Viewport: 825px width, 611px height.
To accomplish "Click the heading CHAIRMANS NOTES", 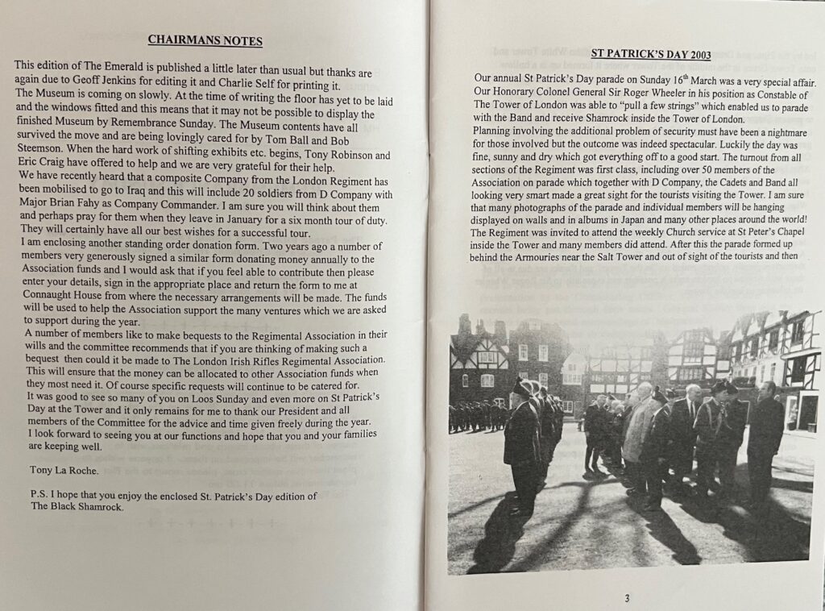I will pos(205,40).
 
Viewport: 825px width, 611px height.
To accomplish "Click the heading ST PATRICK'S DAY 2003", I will pos(650,55).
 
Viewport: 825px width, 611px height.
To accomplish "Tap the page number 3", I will pos(627,597).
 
